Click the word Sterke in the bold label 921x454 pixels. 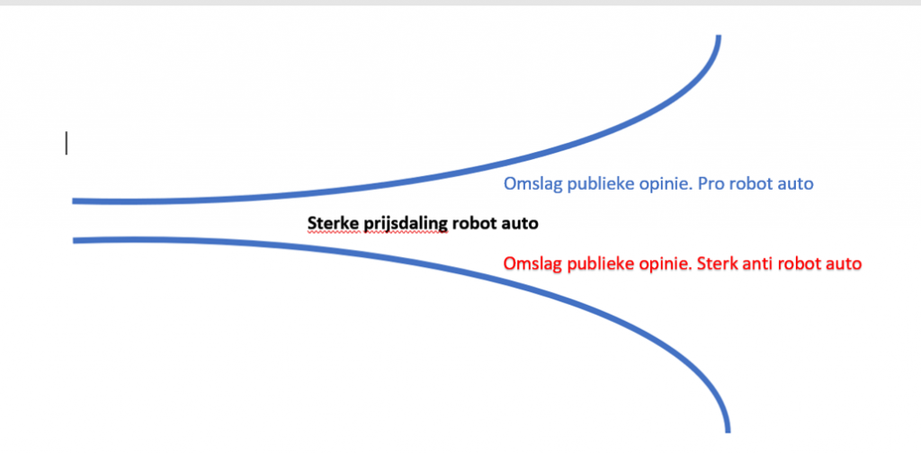327,223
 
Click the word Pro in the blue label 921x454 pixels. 713,183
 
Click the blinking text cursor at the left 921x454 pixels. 67,143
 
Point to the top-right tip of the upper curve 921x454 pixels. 718,37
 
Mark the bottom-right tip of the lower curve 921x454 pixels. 728,432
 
